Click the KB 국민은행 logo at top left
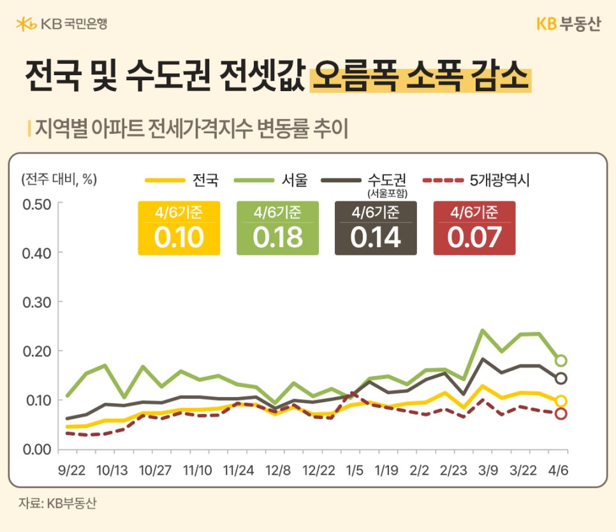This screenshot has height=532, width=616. (x=61, y=24)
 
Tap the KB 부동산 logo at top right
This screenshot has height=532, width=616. (x=568, y=24)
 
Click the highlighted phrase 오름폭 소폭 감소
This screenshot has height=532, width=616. (x=421, y=78)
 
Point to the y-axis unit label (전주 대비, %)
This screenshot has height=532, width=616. (x=59, y=179)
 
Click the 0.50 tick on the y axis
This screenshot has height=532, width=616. (x=36, y=204)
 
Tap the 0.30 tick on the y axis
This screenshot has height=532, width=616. (x=36, y=302)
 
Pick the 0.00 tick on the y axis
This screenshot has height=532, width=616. (x=36, y=449)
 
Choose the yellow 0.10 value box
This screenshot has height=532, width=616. (x=179, y=229)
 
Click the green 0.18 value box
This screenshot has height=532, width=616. (x=277, y=229)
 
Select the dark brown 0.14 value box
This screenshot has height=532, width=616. (x=376, y=229)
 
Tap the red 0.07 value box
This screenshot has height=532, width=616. (x=474, y=229)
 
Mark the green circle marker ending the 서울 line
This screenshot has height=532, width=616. (x=561, y=361)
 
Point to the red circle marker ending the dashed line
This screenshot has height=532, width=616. (x=561, y=413)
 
